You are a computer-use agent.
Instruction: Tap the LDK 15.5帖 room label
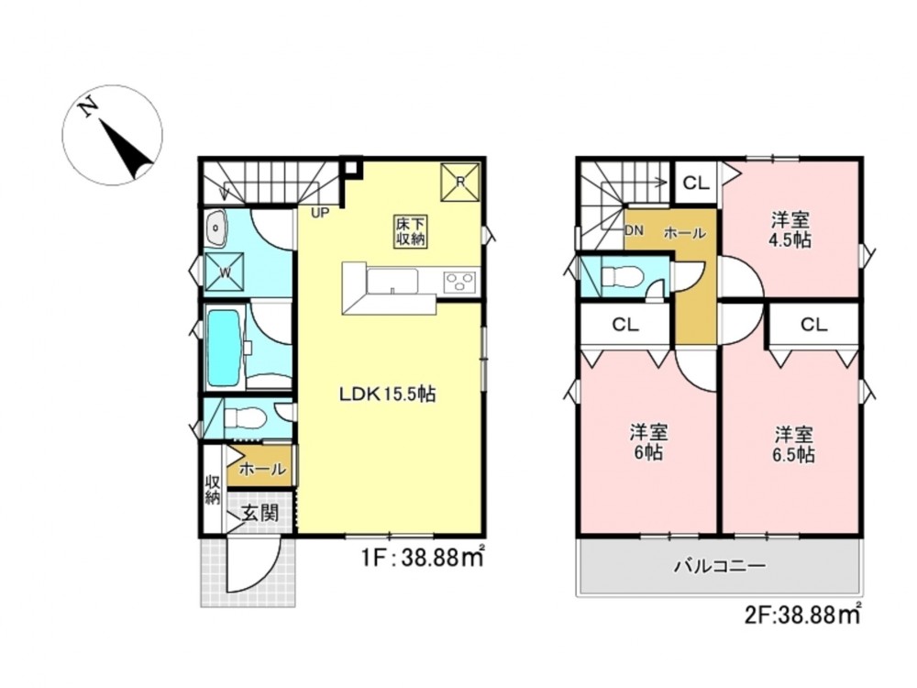(388, 394)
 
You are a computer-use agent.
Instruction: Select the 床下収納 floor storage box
(411, 232)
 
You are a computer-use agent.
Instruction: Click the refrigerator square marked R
(460, 182)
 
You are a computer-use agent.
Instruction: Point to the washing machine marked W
(225, 271)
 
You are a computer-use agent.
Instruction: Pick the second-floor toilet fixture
(623, 276)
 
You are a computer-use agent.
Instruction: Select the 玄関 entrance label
(260, 514)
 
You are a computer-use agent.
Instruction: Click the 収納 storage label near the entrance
(213, 490)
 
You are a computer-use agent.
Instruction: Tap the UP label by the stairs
(320, 213)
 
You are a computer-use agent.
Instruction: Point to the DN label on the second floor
(634, 230)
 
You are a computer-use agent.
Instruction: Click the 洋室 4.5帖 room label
(790, 230)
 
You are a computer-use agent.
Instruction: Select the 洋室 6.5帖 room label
(793, 445)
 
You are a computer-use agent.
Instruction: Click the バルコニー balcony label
(720, 566)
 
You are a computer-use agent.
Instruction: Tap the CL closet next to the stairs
(697, 183)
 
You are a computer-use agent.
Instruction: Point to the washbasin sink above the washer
(217, 228)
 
